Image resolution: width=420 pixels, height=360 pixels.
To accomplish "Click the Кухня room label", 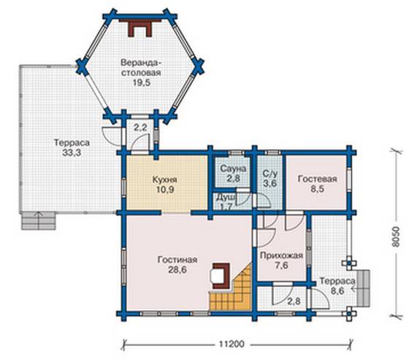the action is tap(164, 180).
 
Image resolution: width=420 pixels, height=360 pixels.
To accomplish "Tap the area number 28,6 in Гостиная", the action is tap(177, 270).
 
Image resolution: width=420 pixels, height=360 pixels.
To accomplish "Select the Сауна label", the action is tap(233, 169).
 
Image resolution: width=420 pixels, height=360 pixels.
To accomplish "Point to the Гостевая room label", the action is tap(318, 179).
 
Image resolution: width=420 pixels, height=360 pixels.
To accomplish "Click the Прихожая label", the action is tap(281, 256).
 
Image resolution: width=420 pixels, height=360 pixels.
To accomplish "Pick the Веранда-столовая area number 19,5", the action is tap(142, 83).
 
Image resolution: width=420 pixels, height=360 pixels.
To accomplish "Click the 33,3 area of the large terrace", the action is tap(72, 153).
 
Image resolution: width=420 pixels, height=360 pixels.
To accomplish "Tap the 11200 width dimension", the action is tap(232, 344).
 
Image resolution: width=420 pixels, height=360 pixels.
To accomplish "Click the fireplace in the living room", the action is tap(221, 276).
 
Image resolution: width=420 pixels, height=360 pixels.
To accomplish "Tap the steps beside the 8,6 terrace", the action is tap(364, 288).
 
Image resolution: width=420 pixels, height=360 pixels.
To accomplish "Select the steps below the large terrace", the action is tap(39, 221).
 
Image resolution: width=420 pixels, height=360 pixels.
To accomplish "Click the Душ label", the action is tap(226, 197).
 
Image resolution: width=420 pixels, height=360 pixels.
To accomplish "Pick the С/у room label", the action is tap(270, 174).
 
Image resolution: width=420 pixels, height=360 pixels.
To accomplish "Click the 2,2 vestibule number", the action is tap(140, 128).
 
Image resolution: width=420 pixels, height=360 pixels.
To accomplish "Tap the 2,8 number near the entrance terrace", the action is tap(294, 302).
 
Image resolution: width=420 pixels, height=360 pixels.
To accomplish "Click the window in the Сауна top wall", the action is tap(236, 153).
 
